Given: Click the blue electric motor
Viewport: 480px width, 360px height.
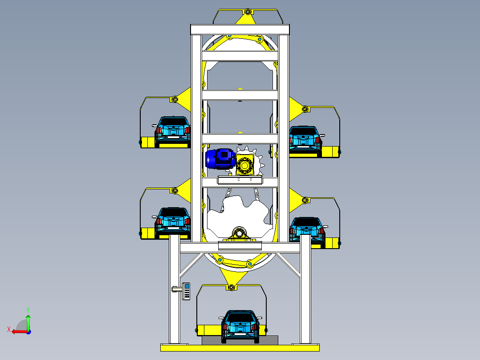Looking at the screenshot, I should tap(219, 159).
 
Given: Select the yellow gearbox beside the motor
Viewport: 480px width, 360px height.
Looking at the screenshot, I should tap(244, 165).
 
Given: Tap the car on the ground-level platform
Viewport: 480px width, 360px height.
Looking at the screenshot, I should tap(240, 326).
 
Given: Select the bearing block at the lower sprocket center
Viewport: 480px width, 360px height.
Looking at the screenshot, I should tap(240, 233).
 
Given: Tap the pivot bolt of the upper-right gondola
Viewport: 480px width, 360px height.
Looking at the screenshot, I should tap(305, 109).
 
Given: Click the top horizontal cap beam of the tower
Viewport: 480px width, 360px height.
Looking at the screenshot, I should tap(240, 29).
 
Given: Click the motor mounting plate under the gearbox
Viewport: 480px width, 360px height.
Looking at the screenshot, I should tap(240, 180).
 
